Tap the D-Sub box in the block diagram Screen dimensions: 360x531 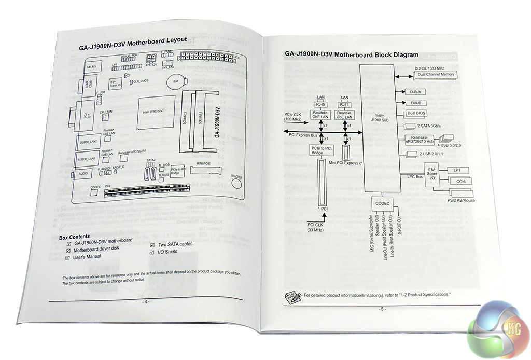click(414, 92)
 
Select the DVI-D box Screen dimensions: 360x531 click(415, 103)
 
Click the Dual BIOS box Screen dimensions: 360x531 click(418, 113)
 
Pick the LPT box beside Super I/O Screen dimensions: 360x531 click(457, 170)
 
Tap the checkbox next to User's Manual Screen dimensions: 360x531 click(68, 257)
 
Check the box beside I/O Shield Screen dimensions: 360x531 click(152, 252)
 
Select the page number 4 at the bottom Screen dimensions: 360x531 click(146, 302)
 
